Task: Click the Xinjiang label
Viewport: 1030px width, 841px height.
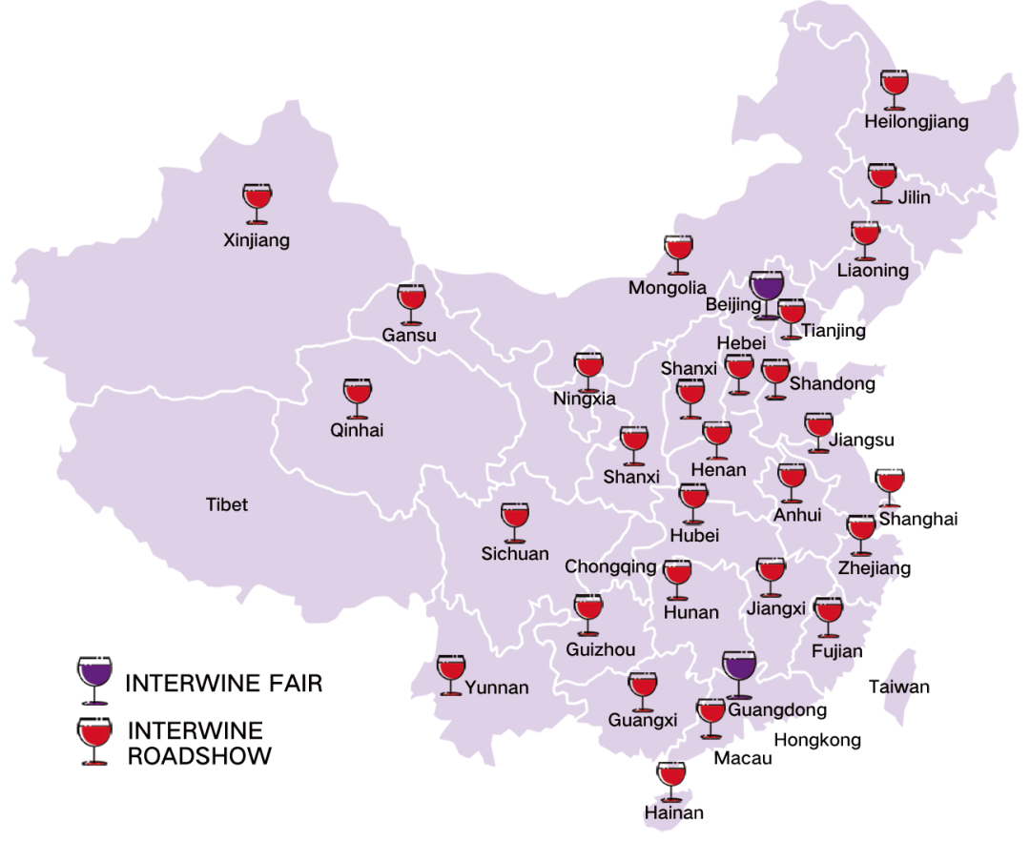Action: coord(256,240)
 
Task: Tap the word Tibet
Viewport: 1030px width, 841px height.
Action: coord(227,504)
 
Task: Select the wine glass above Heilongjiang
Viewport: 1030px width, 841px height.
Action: coord(894,89)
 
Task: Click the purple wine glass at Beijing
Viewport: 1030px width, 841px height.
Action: coord(766,291)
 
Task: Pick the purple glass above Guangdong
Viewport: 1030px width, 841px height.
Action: coord(738,673)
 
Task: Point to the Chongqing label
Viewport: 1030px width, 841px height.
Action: coord(610,567)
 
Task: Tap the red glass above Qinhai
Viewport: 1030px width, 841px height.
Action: coord(358,398)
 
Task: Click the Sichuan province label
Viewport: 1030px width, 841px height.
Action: coord(515,554)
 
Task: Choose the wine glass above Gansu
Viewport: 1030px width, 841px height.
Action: coord(411,302)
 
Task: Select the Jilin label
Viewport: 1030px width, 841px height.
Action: coord(914,198)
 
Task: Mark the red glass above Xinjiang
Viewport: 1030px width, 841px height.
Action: coord(257,203)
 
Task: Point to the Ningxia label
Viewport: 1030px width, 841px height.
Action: coord(584,400)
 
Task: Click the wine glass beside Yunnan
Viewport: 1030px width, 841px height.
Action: coord(450,674)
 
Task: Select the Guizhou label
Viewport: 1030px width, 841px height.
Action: coord(600,650)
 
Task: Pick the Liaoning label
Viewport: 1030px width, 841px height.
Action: coord(873,270)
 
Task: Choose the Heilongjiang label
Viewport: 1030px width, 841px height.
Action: coord(916,122)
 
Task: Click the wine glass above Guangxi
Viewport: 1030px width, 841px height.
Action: coord(642,690)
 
